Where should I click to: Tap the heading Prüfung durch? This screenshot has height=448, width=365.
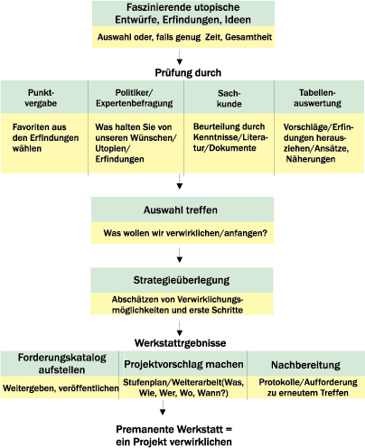188,72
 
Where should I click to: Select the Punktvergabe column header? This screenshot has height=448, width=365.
41,98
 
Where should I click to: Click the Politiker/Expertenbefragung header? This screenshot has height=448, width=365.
135,98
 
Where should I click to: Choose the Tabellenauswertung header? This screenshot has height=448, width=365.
317,98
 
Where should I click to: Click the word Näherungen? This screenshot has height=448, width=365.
311,159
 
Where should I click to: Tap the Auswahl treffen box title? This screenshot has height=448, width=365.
181,210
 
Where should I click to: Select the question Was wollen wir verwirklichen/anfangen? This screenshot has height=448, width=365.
185,233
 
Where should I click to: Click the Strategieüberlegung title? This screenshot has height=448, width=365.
182,280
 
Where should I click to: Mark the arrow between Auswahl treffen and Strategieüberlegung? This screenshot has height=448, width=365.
180,255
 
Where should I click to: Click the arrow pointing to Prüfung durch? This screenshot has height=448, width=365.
180,57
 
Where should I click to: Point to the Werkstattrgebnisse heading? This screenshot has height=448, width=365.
181,343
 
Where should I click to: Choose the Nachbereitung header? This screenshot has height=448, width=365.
305,365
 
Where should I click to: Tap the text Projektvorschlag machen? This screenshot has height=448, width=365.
183,364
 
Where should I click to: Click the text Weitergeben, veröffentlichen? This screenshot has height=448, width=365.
61,388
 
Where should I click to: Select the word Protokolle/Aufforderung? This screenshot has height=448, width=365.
308,382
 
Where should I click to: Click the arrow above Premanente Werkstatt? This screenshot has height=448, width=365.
163,407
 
